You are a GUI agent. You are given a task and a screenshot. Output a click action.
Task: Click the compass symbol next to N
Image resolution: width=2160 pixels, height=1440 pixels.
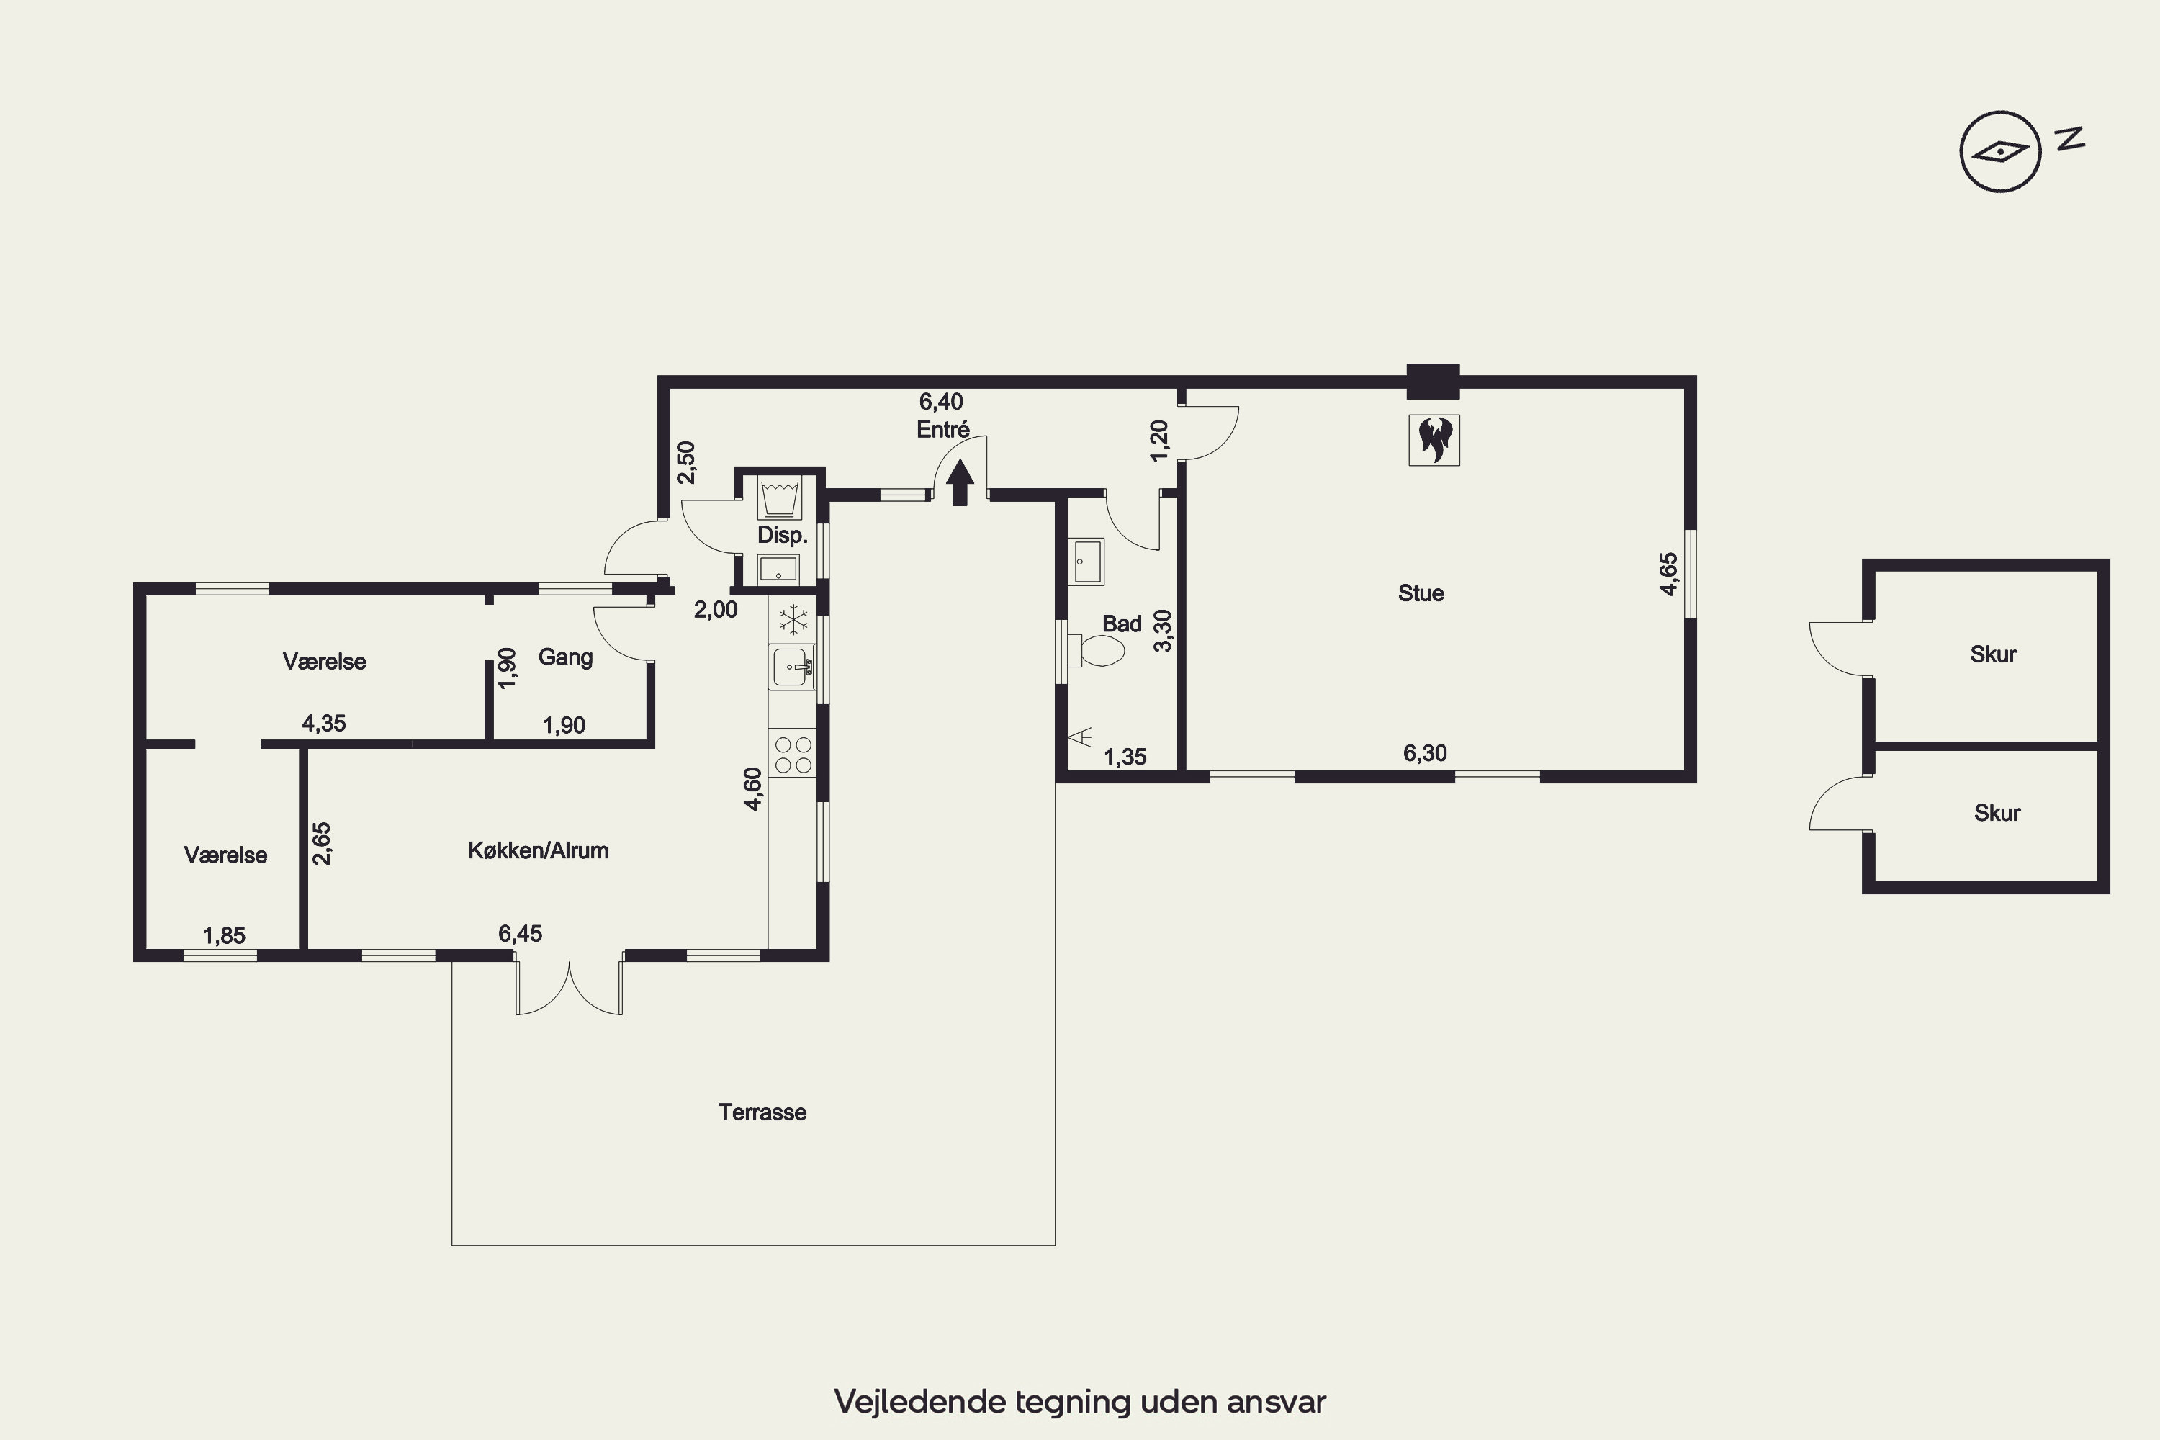coord(2000,150)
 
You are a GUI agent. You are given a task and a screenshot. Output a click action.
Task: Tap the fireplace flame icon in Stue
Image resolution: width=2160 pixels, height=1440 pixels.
coord(1434,440)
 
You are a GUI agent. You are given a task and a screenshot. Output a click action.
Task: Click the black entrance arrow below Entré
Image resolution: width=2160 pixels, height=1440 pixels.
coord(960,482)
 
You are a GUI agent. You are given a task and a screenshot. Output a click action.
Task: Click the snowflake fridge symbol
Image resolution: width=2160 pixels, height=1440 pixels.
coord(793,620)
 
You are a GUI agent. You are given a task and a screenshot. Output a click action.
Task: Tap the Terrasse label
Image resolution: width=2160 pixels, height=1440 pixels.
coord(762,1112)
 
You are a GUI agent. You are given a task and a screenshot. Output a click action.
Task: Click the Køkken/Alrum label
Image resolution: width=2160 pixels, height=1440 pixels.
coord(538,850)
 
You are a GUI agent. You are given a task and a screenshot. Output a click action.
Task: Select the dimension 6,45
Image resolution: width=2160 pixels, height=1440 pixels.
coord(520,934)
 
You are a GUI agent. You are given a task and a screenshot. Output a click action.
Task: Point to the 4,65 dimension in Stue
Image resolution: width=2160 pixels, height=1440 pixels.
coord(1669,574)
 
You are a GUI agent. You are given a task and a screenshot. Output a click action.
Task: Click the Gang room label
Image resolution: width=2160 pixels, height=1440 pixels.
coord(564,657)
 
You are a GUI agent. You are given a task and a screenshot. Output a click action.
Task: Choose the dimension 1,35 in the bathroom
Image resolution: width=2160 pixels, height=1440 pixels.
coord(1125,757)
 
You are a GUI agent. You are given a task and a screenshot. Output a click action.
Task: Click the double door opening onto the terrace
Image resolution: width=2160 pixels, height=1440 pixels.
coord(570,984)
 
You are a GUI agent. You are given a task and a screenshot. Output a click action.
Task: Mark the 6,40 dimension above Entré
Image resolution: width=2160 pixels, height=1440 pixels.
coord(941,401)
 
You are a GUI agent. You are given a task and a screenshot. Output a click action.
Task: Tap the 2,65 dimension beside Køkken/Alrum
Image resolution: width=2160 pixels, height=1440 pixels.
coord(321,843)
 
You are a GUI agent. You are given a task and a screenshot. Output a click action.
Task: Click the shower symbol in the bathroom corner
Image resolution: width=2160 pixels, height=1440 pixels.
coord(1080,736)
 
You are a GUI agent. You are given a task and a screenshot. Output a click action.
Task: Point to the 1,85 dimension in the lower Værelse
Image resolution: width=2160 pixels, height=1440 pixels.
coord(224,936)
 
